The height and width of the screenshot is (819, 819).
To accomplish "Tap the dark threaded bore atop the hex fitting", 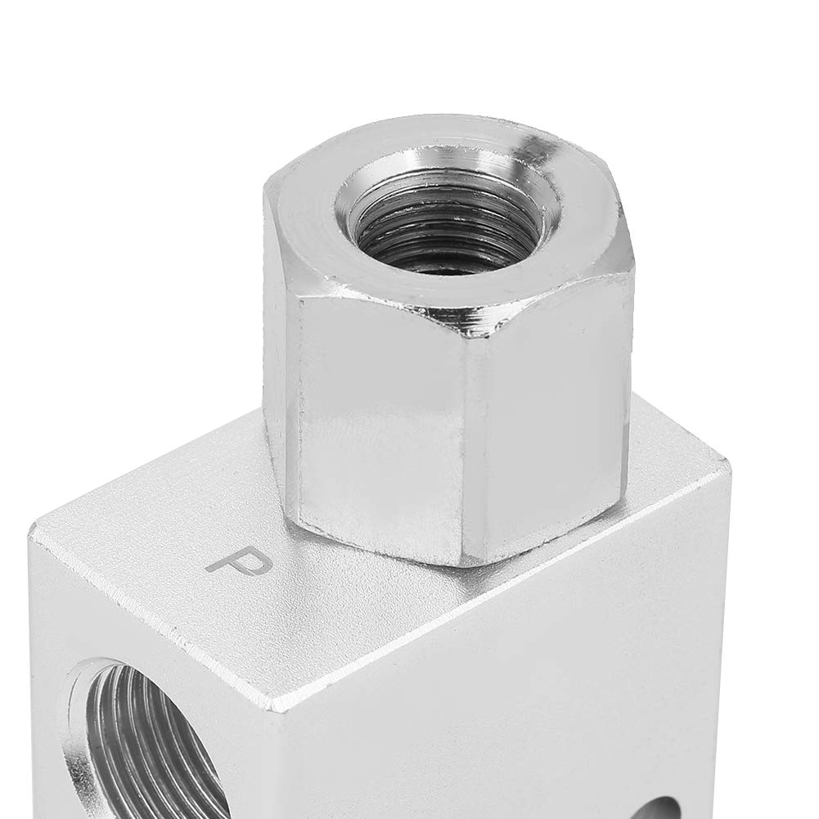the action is coord(445,231).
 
